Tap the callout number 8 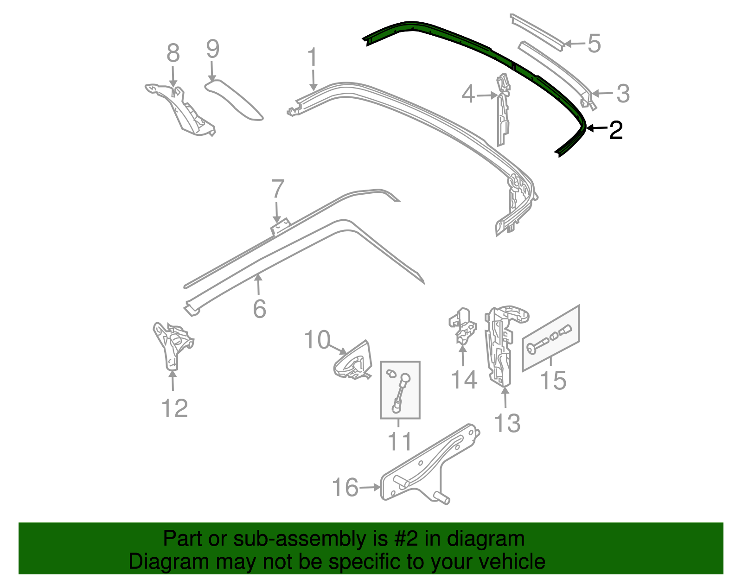(173, 53)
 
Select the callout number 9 (212, 49)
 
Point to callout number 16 (345, 488)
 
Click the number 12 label (175, 408)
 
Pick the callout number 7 (277, 189)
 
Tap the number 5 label (594, 44)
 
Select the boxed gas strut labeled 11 (400, 390)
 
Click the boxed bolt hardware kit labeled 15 (551, 338)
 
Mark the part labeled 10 (353, 362)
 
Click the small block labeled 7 (280, 228)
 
